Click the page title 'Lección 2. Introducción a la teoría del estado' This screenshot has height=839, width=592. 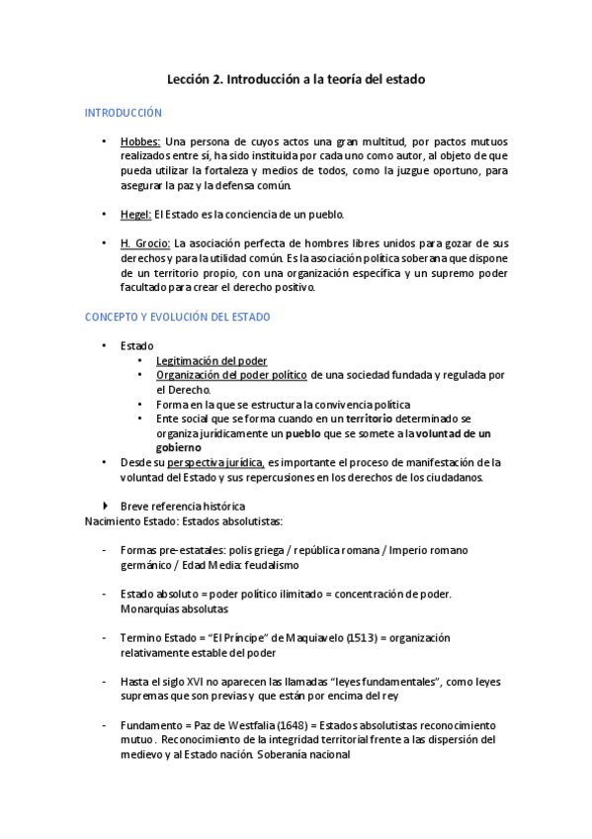(295, 78)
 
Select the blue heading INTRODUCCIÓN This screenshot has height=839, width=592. (123, 114)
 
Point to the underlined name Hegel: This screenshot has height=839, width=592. (135, 214)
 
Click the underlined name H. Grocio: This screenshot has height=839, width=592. (145, 243)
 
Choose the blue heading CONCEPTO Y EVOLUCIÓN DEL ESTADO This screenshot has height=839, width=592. (178, 317)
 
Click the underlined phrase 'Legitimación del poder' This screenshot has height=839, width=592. (211, 361)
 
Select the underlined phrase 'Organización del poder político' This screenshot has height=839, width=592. (232, 375)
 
